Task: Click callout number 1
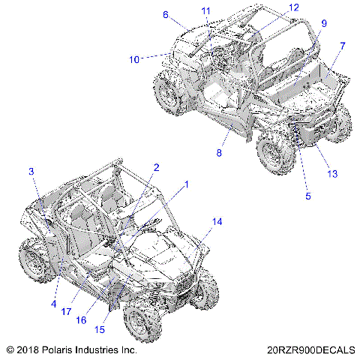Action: [187, 183]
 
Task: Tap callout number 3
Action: [32, 172]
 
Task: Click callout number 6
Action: [166, 14]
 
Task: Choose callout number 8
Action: [219, 153]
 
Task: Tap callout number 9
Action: [324, 24]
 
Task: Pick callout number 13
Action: [332, 174]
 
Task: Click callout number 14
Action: [217, 222]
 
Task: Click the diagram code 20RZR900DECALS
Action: [309, 350]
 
